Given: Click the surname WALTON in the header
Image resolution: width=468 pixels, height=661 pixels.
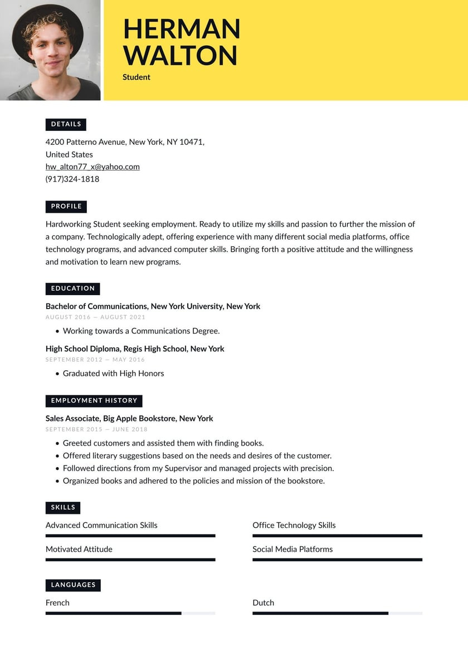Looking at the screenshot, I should [x=180, y=56].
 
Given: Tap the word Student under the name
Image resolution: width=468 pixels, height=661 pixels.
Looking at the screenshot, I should [x=136, y=77].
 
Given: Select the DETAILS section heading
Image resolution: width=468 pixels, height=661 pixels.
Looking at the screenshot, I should [x=66, y=124].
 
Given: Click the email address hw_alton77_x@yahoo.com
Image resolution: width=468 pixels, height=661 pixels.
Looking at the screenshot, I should [x=92, y=167].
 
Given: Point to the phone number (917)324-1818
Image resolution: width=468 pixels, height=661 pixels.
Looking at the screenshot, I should [x=72, y=179].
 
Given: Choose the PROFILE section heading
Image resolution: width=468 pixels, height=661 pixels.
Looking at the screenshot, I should [x=66, y=207].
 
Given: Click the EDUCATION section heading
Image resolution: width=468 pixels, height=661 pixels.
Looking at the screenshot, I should [x=72, y=288].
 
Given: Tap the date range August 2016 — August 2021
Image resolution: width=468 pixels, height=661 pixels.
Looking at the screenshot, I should [x=95, y=317].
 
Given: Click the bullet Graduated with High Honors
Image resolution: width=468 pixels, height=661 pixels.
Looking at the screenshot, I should [x=113, y=374].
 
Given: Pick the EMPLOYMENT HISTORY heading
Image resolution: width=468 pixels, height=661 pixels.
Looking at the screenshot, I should [x=94, y=401].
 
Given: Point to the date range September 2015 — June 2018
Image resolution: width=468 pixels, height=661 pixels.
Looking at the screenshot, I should [x=96, y=429].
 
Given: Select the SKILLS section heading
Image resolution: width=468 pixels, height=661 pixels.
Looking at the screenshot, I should [x=63, y=508].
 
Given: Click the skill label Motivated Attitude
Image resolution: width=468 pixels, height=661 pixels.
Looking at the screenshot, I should [x=79, y=550].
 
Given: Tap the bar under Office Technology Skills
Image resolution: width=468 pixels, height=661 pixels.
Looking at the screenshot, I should [x=337, y=536].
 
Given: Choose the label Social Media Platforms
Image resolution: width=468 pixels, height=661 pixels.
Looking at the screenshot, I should [x=292, y=550].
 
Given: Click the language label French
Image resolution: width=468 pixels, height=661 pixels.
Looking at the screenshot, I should [x=57, y=603].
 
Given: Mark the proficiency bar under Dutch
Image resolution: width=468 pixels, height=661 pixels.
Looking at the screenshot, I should [x=337, y=613].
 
